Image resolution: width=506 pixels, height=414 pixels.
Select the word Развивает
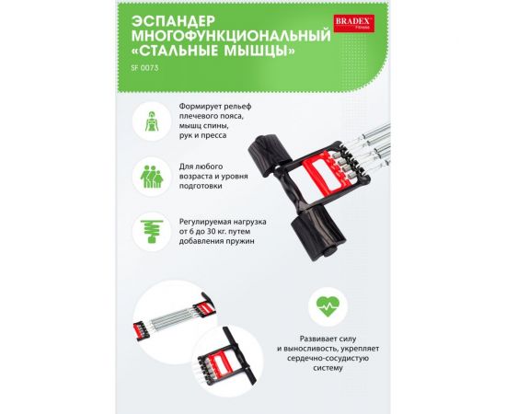click(307, 339)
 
